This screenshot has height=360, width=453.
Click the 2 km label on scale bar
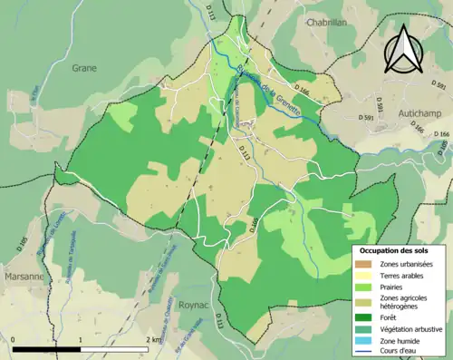click(155, 340)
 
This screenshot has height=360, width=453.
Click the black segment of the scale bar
click(47, 349)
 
